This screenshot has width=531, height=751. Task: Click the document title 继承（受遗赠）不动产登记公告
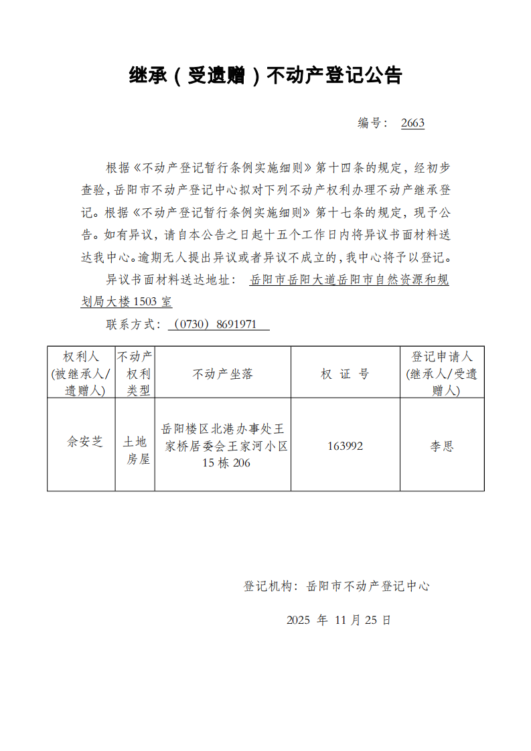(265, 76)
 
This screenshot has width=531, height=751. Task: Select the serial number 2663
(412, 123)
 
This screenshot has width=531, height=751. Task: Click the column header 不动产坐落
(223, 374)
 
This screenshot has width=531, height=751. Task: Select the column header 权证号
(345, 374)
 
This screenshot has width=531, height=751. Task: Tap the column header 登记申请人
(442, 373)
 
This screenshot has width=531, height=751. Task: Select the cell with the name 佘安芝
(84, 442)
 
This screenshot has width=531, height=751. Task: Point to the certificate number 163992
(346, 446)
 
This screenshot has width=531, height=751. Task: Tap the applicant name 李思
(442, 446)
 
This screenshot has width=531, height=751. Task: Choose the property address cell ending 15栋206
(224, 445)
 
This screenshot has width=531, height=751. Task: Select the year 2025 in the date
(298, 620)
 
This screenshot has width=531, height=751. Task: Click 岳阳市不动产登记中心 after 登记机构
(368, 586)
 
